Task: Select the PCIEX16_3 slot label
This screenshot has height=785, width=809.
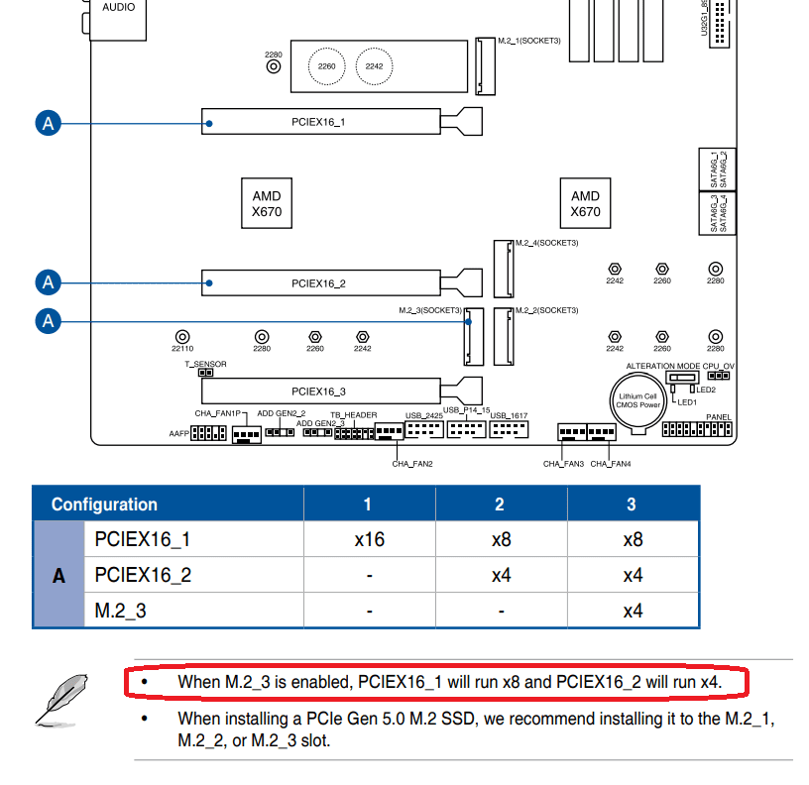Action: pos(318,392)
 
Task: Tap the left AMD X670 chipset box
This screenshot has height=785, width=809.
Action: pos(267,203)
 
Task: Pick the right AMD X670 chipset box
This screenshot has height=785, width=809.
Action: pos(585,203)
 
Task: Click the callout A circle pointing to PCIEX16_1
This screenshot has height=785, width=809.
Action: pos(48,123)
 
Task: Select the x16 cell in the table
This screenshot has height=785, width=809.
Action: pos(369,540)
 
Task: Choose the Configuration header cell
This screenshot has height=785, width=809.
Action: pos(104,505)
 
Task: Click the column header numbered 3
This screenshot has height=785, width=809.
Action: pos(632,505)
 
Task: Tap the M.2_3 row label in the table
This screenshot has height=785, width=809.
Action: pos(121,611)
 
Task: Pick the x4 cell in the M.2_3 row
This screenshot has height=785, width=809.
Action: pos(632,611)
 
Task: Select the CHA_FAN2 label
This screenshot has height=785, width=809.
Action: pos(412,463)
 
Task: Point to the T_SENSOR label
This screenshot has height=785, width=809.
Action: pos(205,364)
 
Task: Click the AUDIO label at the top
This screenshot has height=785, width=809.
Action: pos(118,7)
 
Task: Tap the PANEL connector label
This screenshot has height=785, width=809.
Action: pos(719,417)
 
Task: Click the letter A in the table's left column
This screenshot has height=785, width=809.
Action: pos(58,575)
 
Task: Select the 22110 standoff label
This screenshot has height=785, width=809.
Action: pos(181,349)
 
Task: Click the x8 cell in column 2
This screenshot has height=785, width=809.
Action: pos(500,540)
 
